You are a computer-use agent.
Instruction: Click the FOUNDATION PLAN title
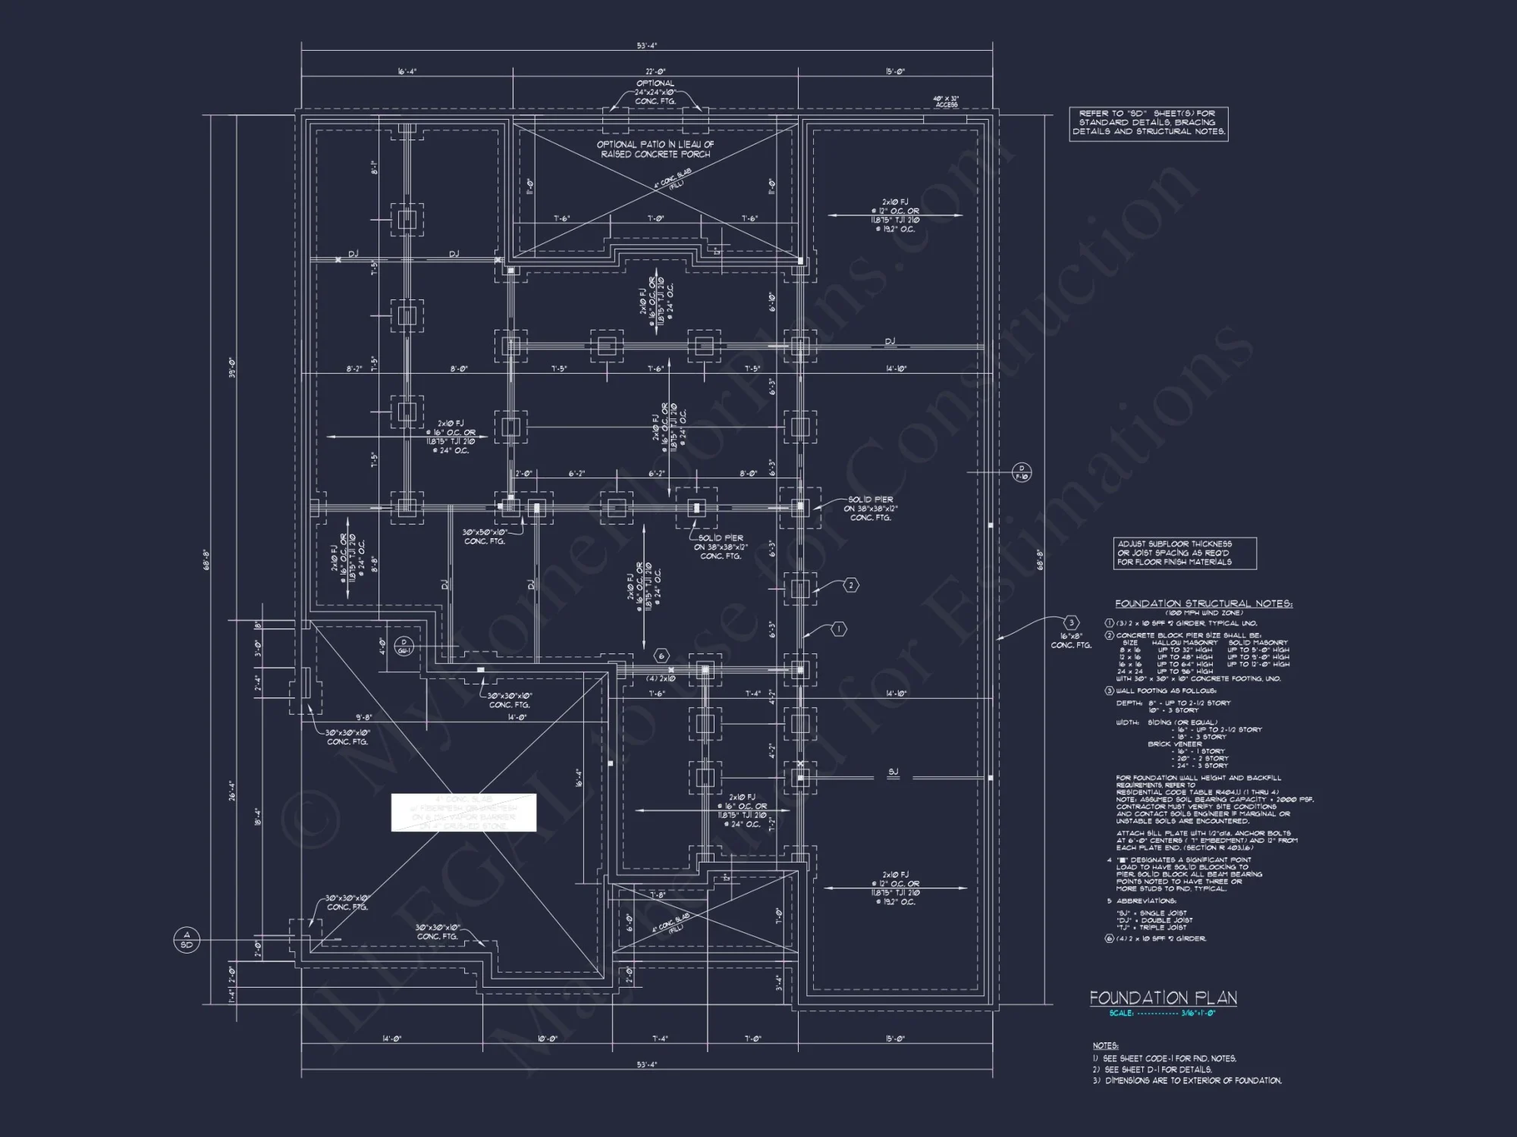(1163, 998)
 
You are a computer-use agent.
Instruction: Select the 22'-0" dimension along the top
(655, 71)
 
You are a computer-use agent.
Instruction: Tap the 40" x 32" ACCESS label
(946, 102)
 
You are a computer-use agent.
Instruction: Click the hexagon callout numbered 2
(851, 585)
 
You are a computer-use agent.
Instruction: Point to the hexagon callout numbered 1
(838, 628)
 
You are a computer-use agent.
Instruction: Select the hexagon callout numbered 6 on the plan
(661, 656)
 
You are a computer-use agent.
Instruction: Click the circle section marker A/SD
(187, 939)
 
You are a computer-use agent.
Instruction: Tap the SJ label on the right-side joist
(893, 772)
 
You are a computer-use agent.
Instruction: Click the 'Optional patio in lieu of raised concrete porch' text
(655, 149)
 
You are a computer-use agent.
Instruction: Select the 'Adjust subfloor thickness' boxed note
(1184, 553)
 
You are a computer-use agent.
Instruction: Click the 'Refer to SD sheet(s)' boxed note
(1148, 122)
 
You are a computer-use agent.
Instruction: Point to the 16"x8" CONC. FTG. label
(1070, 641)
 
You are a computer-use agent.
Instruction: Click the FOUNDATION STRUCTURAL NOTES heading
(1203, 603)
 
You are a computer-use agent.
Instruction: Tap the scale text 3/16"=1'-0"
(1198, 1013)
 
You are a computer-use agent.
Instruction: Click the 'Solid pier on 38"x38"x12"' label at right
(870, 509)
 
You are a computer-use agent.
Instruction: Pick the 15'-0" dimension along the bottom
(895, 1038)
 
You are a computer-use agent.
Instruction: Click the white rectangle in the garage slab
(463, 812)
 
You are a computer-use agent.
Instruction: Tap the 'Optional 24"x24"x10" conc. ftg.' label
(655, 92)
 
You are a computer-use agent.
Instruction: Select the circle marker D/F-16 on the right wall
(1022, 472)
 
